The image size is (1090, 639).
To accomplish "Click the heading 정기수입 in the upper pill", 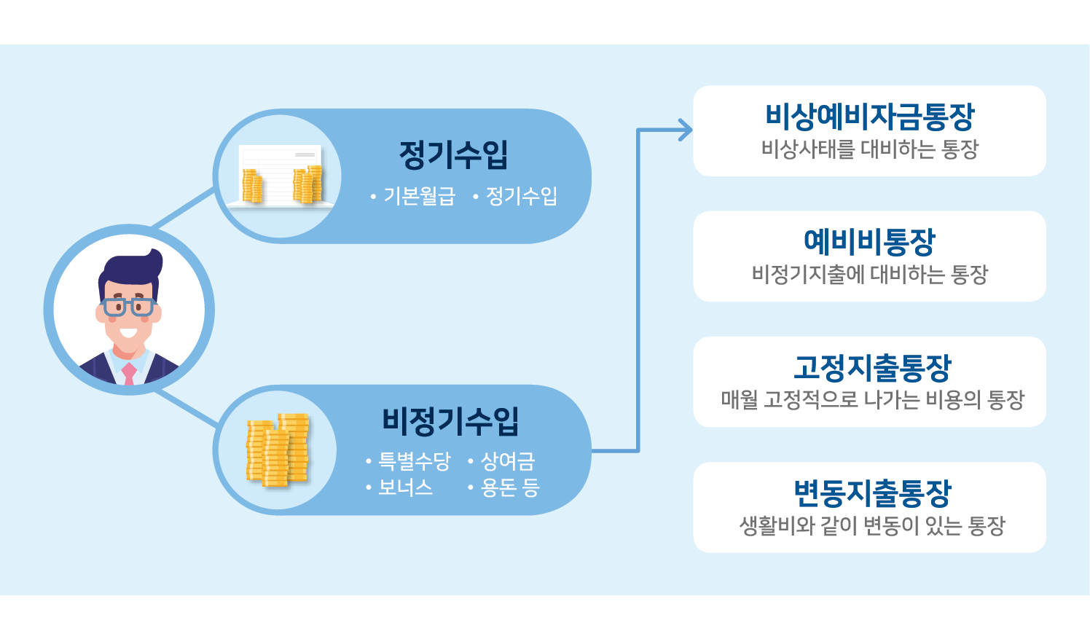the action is tap(453, 155).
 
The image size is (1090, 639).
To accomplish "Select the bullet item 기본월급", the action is tap(420, 196).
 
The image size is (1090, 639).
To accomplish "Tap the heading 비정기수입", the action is tap(450, 421).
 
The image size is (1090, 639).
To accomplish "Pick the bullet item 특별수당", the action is tap(415, 461).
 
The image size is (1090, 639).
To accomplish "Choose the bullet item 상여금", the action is tap(508, 461).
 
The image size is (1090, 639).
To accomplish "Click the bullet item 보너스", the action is tap(405, 487).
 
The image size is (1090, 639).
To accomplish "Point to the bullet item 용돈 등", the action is tap(509, 487).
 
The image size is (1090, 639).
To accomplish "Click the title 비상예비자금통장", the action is tap(869, 117).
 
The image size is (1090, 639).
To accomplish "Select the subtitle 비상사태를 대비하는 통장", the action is tap(869, 149).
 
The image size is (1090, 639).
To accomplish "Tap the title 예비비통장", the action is tap(869, 242).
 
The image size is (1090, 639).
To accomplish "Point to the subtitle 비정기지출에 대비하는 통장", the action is tap(869, 274).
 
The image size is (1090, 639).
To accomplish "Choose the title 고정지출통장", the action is tap(872, 367).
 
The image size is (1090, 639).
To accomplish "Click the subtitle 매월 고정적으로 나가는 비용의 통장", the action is tap(872, 399).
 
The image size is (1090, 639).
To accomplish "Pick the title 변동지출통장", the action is tap(872, 493).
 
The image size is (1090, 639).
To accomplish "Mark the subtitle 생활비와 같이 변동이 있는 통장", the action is tap(872, 525).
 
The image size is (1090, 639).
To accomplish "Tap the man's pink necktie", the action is tap(129, 374).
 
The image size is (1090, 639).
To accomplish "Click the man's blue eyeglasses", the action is tap(128, 307).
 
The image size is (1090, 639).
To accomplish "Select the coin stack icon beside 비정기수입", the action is tap(278, 450).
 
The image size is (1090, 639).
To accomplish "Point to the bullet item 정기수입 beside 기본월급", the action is tap(522, 196).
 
